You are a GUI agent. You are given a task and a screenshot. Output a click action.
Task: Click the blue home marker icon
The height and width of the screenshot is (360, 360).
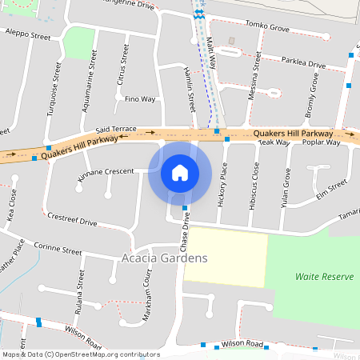pyautogui.click(x=180, y=173)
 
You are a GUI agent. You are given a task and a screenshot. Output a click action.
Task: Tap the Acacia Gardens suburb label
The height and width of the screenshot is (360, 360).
pyautogui.click(x=164, y=258)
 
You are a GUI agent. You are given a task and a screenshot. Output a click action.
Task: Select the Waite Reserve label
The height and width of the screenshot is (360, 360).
pyautogui.click(x=324, y=276)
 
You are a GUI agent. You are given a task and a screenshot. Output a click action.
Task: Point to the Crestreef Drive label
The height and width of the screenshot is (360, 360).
pyautogui.click(x=72, y=220)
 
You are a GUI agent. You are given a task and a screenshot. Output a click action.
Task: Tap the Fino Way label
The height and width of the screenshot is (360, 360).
pyautogui.click(x=140, y=99)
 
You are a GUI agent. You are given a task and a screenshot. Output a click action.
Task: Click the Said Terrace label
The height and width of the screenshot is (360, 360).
pyautogui.click(x=116, y=129)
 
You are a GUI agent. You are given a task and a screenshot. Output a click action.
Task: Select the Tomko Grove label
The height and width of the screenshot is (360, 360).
pyautogui.click(x=268, y=26)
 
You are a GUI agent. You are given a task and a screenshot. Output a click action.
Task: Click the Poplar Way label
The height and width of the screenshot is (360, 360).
pyautogui.click(x=322, y=142)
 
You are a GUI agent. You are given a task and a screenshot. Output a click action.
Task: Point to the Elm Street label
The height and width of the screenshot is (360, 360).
pyautogui.click(x=331, y=189)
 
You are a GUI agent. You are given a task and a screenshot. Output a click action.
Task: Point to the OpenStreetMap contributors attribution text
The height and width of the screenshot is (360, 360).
pyautogui.click(x=80, y=354)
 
